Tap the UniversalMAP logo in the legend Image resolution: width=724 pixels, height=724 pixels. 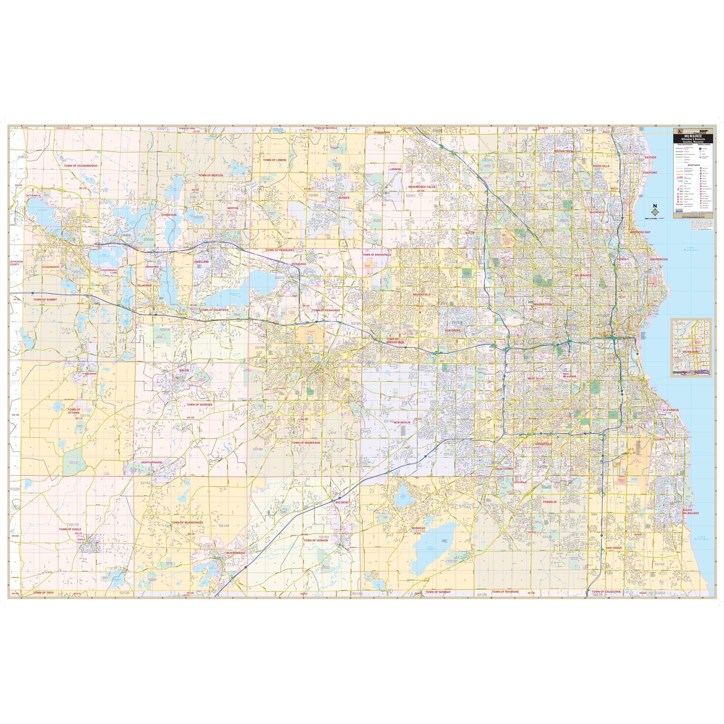click(x=692, y=131)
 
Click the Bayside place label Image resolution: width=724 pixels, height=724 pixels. click(x=650, y=157)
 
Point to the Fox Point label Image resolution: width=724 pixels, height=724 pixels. click(x=650, y=172)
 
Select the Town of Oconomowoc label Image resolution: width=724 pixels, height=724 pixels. click(x=81, y=166)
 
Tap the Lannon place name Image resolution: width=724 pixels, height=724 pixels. click(x=395, y=169)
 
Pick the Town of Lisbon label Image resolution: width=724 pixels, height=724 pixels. click(x=275, y=160)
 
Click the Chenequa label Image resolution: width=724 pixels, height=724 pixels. click(x=169, y=215)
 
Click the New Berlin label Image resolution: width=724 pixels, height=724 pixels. click(x=401, y=422)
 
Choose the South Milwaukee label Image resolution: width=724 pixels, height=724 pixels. click(x=691, y=512)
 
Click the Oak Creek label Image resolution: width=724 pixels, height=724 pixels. click(x=614, y=548)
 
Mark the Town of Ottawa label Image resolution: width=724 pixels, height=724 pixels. click(x=74, y=411)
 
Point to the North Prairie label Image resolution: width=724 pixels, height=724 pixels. click(x=152, y=462)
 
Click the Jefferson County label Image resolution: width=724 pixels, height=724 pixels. click(x=16, y=263)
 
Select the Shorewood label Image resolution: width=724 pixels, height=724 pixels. click(x=658, y=259)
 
